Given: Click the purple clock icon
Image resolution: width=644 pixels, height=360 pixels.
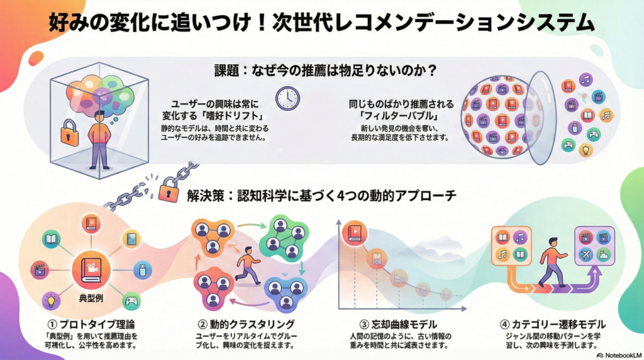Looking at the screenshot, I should (287, 97).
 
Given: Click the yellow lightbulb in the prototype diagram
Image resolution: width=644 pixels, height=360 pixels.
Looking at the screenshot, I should (49, 300).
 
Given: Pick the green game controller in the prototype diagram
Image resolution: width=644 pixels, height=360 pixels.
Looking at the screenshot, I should (131, 301).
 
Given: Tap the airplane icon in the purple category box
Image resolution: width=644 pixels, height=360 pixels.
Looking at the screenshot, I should (586, 255).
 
